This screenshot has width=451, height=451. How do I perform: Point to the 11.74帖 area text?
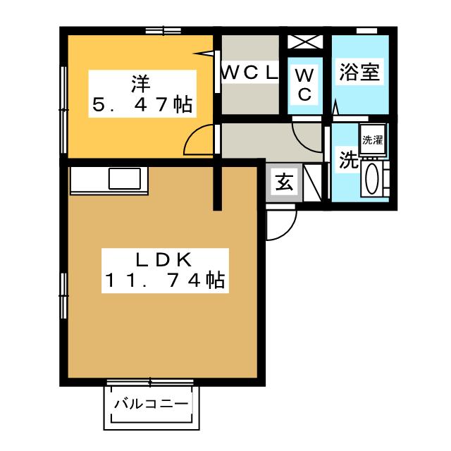coord(164,281)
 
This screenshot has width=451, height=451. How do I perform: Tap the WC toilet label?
coord(304,85)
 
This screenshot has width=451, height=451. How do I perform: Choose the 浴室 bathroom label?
coord(360,73)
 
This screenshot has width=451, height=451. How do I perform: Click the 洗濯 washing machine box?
coord(372,139)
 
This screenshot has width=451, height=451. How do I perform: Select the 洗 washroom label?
coord(347,160)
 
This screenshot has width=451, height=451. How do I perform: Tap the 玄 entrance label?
coord(284,183)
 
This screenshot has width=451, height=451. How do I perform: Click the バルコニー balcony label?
coord(151,405)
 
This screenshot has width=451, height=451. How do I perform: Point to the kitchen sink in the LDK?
coord(127,179)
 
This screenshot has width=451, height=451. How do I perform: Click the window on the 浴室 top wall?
coord(364,30)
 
